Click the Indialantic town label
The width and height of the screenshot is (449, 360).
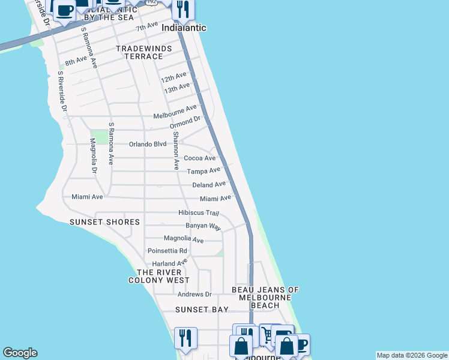184,28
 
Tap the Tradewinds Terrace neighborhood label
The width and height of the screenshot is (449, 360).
140,52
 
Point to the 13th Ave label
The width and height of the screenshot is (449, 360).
177,88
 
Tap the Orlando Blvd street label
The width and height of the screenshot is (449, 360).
148,144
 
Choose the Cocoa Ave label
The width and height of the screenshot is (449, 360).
199,158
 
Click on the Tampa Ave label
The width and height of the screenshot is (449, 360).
203,172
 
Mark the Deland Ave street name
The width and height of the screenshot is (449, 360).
209,185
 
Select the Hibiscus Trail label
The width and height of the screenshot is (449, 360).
199,213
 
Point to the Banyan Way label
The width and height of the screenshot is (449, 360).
203,226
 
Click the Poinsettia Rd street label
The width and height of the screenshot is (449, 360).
167,251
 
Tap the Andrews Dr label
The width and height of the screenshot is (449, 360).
195,295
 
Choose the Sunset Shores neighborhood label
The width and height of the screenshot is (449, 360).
104,222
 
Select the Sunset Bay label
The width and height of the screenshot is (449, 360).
202,310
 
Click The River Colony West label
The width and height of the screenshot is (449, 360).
159,276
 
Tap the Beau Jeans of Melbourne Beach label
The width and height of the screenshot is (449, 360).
265,298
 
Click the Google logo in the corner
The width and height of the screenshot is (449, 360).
20,353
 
